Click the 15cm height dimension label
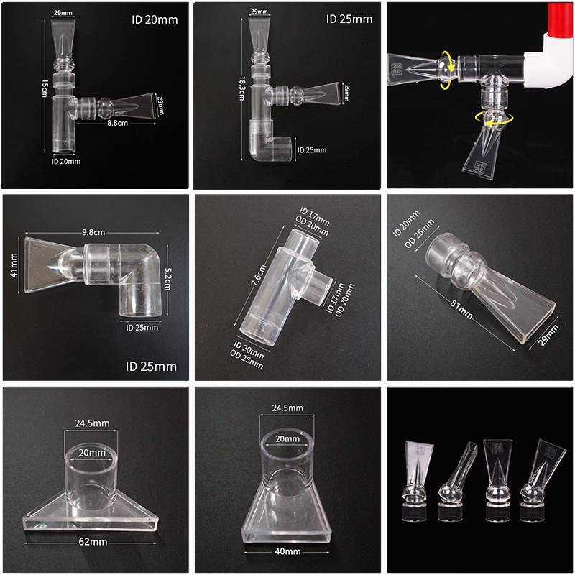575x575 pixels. [45, 88]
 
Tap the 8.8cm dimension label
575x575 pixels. [117, 123]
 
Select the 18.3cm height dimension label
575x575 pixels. [242, 88]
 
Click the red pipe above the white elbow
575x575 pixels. [561, 20]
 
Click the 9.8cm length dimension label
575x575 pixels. [93, 232]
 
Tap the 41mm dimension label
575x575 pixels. [14, 264]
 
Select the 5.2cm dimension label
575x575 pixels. [168, 279]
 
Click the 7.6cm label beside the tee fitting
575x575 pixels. [258, 275]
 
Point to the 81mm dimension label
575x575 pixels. [461, 310]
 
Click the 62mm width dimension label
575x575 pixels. [93, 542]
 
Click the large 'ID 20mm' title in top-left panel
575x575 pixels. [155, 19]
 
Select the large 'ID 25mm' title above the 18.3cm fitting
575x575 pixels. [349, 19]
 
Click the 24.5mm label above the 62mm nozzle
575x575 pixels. [92, 423]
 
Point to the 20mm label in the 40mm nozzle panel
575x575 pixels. [287, 439]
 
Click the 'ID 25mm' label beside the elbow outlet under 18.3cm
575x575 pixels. [312, 150]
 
